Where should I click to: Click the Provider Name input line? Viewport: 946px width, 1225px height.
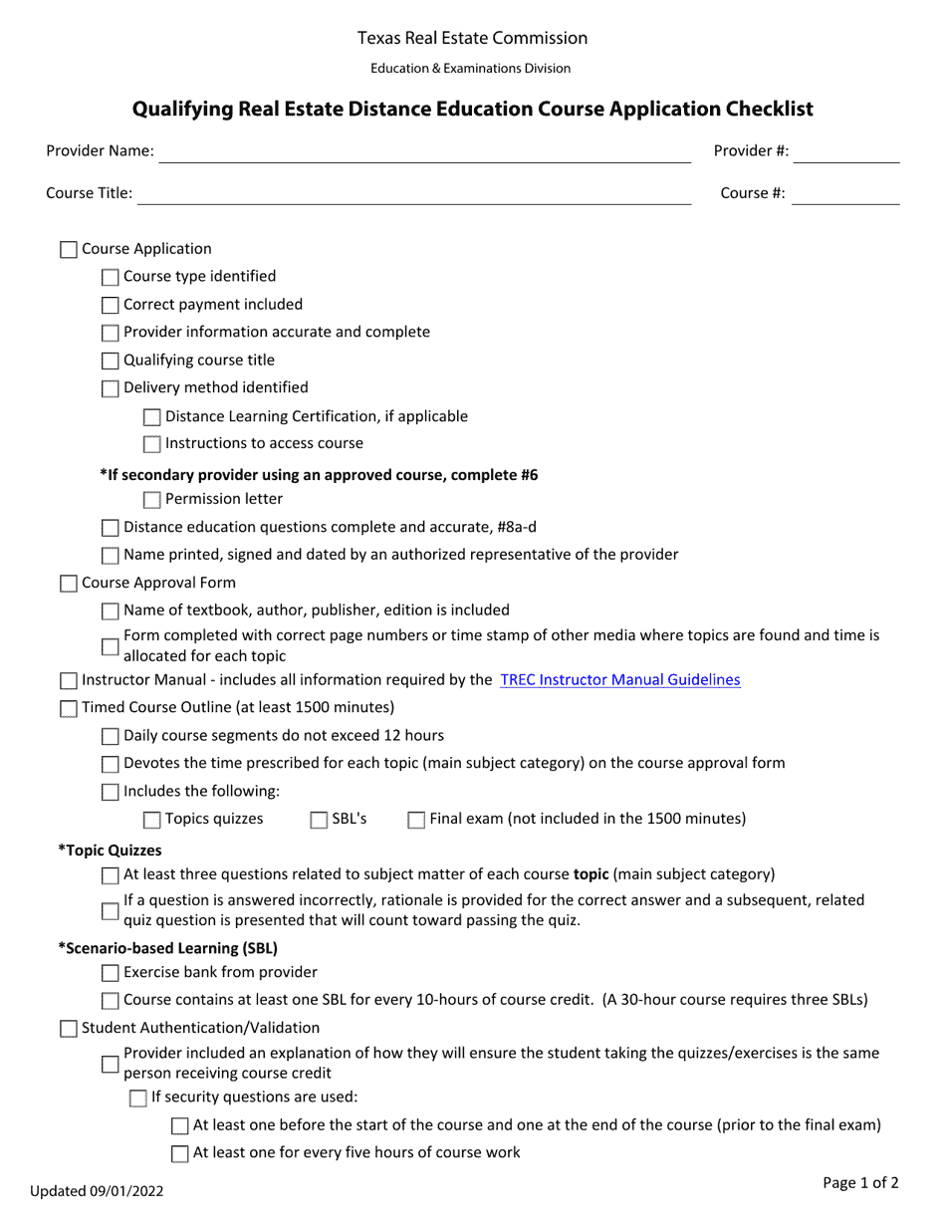click(x=424, y=151)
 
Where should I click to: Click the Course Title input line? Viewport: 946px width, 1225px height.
click(x=413, y=194)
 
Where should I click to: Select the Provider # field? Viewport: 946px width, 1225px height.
click(x=846, y=151)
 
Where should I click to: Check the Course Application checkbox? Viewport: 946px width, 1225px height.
click(x=69, y=250)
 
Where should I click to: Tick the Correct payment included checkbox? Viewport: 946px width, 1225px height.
click(x=111, y=306)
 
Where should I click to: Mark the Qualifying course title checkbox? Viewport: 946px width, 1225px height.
click(x=111, y=362)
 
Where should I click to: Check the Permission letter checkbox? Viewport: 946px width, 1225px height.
click(x=152, y=500)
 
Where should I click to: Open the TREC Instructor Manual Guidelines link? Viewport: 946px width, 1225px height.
click(x=620, y=680)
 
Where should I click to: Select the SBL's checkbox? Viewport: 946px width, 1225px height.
click(x=319, y=820)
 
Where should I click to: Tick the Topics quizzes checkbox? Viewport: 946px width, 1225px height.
click(x=152, y=820)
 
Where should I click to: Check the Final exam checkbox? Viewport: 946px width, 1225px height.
click(x=416, y=820)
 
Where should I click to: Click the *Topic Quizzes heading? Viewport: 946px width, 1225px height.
click(x=110, y=851)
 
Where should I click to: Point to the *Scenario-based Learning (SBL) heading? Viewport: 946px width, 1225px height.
click(x=167, y=948)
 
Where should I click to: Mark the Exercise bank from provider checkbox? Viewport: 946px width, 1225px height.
click(x=111, y=973)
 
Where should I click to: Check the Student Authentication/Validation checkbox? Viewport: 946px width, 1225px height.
click(x=69, y=1028)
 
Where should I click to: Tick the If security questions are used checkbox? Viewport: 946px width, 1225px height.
click(x=138, y=1099)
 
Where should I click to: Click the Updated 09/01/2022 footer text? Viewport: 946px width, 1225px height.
click(x=97, y=1190)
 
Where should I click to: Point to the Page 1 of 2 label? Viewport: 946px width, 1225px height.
click(x=860, y=1183)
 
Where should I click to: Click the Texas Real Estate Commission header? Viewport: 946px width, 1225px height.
click(x=472, y=39)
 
